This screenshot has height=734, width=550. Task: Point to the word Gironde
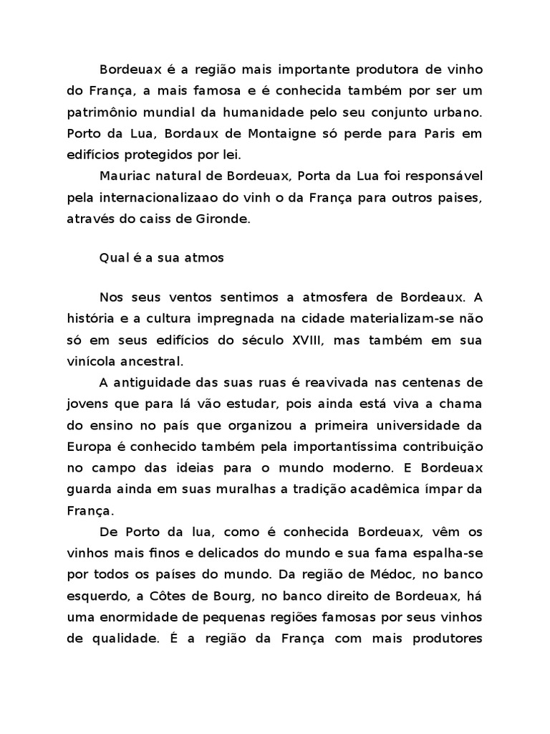[222, 219]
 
